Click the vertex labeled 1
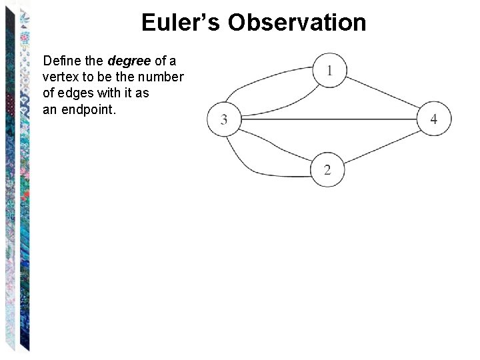[x=329, y=70]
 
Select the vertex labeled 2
[x=327, y=169]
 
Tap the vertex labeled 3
[x=224, y=119]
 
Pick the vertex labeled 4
[x=434, y=119]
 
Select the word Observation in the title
[x=297, y=23]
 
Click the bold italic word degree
[x=129, y=61]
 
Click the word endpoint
[x=89, y=110]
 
